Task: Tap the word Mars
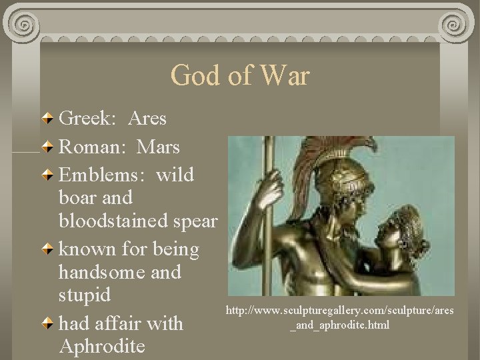coord(158,146)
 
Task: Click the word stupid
coord(85,295)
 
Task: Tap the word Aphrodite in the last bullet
coord(101,347)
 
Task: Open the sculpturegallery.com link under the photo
coord(340,318)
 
